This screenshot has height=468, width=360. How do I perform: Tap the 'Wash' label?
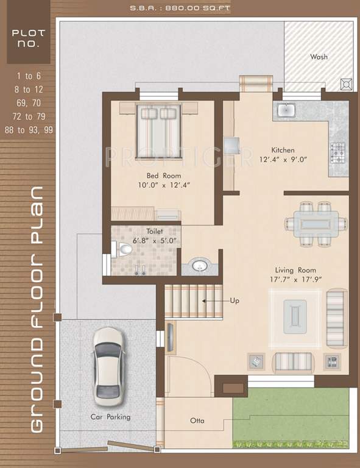tap(319, 57)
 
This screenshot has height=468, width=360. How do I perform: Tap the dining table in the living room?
tap(314, 222)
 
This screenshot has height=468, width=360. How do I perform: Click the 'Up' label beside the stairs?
tap(235, 300)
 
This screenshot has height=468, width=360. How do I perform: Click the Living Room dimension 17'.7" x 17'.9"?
tap(298, 279)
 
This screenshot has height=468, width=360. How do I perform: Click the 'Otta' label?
tap(197, 420)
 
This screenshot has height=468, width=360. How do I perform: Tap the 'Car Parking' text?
tap(110, 417)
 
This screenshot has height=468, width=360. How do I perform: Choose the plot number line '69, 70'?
tap(29, 102)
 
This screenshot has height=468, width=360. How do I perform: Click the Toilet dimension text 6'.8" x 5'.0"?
tap(145, 240)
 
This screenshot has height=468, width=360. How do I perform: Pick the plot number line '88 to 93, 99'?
tap(28, 130)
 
